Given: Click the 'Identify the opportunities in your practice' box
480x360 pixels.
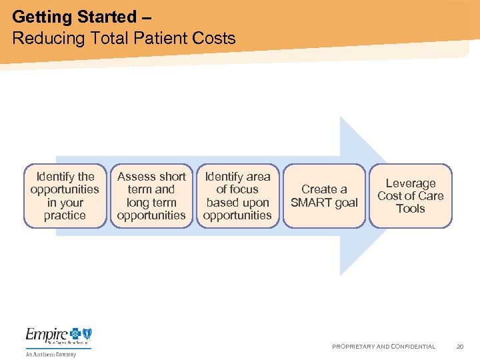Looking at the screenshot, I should [65, 196].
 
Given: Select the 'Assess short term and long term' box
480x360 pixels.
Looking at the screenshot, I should [151, 196].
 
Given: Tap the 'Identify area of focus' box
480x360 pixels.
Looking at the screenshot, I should [237, 196].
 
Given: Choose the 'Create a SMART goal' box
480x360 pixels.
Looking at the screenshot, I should [324, 196].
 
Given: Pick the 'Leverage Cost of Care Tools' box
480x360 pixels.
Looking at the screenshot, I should [410, 196].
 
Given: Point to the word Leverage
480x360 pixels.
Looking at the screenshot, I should [411, 183].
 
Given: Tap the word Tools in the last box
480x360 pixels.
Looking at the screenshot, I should [411, 209].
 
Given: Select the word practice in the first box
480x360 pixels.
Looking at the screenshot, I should [65, 215].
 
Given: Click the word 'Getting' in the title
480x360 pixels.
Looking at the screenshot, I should [43, 16].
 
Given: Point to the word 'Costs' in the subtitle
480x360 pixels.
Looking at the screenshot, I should [215, 38].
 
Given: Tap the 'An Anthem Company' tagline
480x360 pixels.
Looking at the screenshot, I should [51, 354].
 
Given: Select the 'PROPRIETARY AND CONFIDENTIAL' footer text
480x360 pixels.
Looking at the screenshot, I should [383, 347].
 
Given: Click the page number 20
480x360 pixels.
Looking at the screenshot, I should [459, 347].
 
